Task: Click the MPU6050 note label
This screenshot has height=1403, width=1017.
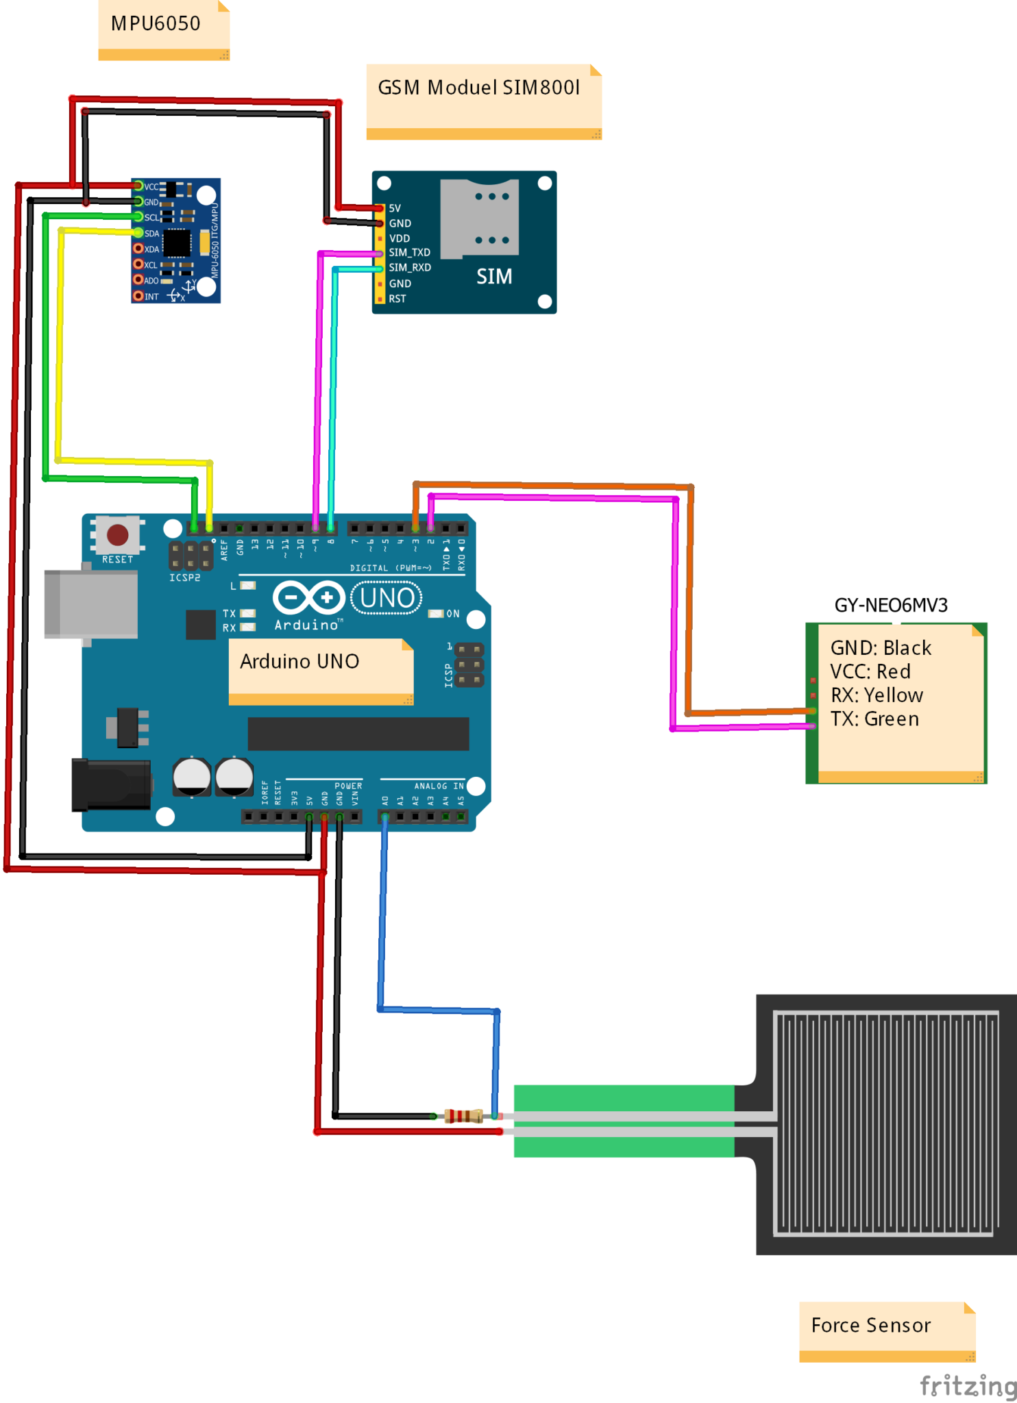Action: point(156,24)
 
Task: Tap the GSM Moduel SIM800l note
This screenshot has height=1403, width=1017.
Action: point(478,88)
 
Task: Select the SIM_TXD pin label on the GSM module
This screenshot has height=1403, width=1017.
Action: point(410,253)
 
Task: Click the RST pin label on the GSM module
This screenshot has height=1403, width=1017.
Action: point(397,299)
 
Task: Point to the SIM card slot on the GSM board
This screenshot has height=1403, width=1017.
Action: point(479,218)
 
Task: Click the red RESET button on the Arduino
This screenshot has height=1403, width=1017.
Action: point(117,534)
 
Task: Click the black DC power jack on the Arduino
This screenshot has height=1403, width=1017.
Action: point(111,784)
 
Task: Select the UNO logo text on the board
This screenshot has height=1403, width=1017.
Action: point(387,598)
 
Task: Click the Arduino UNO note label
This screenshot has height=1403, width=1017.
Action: point(299,662)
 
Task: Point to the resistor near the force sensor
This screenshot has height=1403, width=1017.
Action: point(464,1116)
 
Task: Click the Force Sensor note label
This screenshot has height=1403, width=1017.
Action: point(870,1326)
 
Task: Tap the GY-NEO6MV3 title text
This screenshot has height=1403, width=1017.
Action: point(891,606)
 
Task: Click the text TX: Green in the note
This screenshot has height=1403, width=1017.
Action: point(874,719)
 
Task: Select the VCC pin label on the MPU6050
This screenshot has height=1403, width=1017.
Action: point(151,187)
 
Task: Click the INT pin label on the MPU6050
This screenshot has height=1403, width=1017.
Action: point(151,297)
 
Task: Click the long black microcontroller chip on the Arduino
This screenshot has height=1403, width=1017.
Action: point(358,734)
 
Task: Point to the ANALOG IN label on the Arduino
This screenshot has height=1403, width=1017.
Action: point(439,786)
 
